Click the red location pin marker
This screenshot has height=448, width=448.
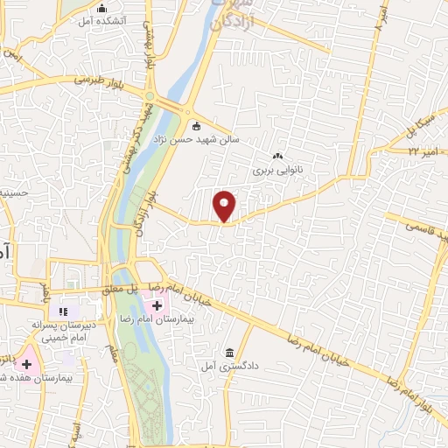(225, 205)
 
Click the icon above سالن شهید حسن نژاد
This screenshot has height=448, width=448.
(195, 124)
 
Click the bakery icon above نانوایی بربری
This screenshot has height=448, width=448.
(278, 157)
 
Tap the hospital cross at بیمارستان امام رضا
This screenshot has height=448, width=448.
(157, 305)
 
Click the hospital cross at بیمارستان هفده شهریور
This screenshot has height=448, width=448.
(26, 363)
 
